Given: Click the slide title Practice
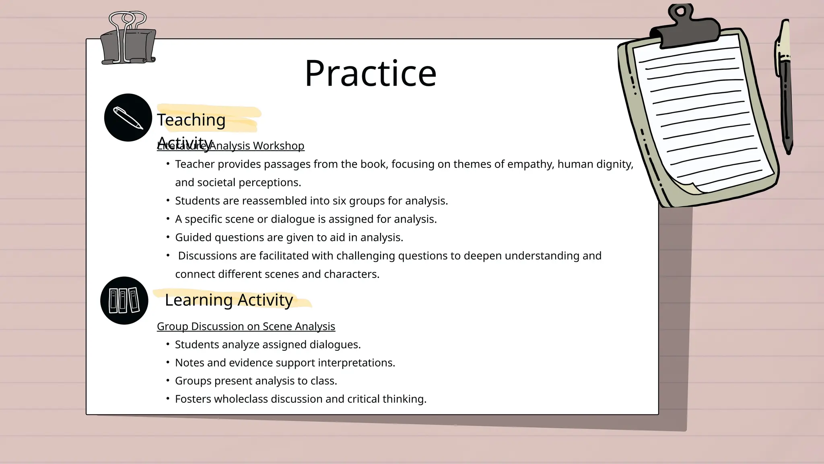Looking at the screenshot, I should click(370, 73).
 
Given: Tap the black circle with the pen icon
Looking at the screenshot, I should click(128, 118).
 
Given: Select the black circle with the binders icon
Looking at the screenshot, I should click(124, 300).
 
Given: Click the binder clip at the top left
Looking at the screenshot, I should click(128, 40).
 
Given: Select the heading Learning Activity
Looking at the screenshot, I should click(229, 300).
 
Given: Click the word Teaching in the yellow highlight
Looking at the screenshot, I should click(191, 120).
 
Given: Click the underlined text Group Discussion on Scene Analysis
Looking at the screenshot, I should click(246, 326).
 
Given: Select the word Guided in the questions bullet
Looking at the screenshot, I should click(193, 238).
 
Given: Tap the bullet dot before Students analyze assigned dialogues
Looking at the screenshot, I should click(168, 344).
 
